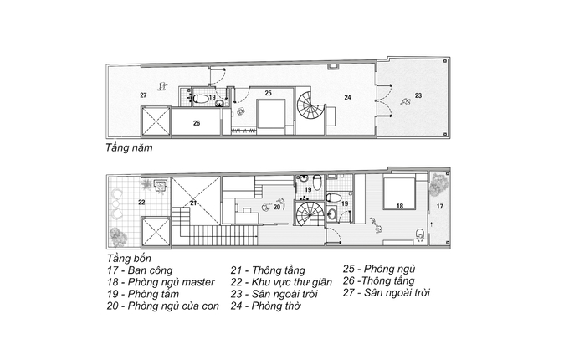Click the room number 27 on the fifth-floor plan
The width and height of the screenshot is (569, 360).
[x=143, y=95]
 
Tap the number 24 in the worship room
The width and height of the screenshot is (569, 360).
[x=347, y=97]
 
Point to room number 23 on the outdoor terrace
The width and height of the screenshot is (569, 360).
[x=418, y=95]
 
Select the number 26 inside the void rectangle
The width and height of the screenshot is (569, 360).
[x=197, y=123]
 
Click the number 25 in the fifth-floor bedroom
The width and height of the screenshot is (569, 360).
[x=268, y=93]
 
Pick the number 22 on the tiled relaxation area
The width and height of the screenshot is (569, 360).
[x=141, y=202]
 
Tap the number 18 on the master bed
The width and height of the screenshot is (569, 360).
[x=399, y=206]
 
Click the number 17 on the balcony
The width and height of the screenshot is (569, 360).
[x=440, y=207]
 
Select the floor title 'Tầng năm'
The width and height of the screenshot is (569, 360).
[x=129, y=148]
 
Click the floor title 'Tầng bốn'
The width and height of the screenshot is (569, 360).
[x=129, y=259]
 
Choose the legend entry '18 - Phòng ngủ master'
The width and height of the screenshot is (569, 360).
[x=161, y=282]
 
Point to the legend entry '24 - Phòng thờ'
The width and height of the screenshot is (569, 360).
[x=265, y=306]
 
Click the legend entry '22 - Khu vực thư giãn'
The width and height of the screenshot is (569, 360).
[x=281, y=282]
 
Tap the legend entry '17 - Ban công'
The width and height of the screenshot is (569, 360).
[x=140, y=270]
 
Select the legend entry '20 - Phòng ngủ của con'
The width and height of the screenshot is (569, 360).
[x=163, y=306]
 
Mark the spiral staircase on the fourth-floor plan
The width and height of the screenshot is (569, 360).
[x=310, y=213]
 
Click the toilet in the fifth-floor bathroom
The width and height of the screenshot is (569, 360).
[x=201, y=98]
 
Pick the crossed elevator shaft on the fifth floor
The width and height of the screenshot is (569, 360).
[x=156, y=122]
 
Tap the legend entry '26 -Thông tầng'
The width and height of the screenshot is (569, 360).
[x=378, y=281]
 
